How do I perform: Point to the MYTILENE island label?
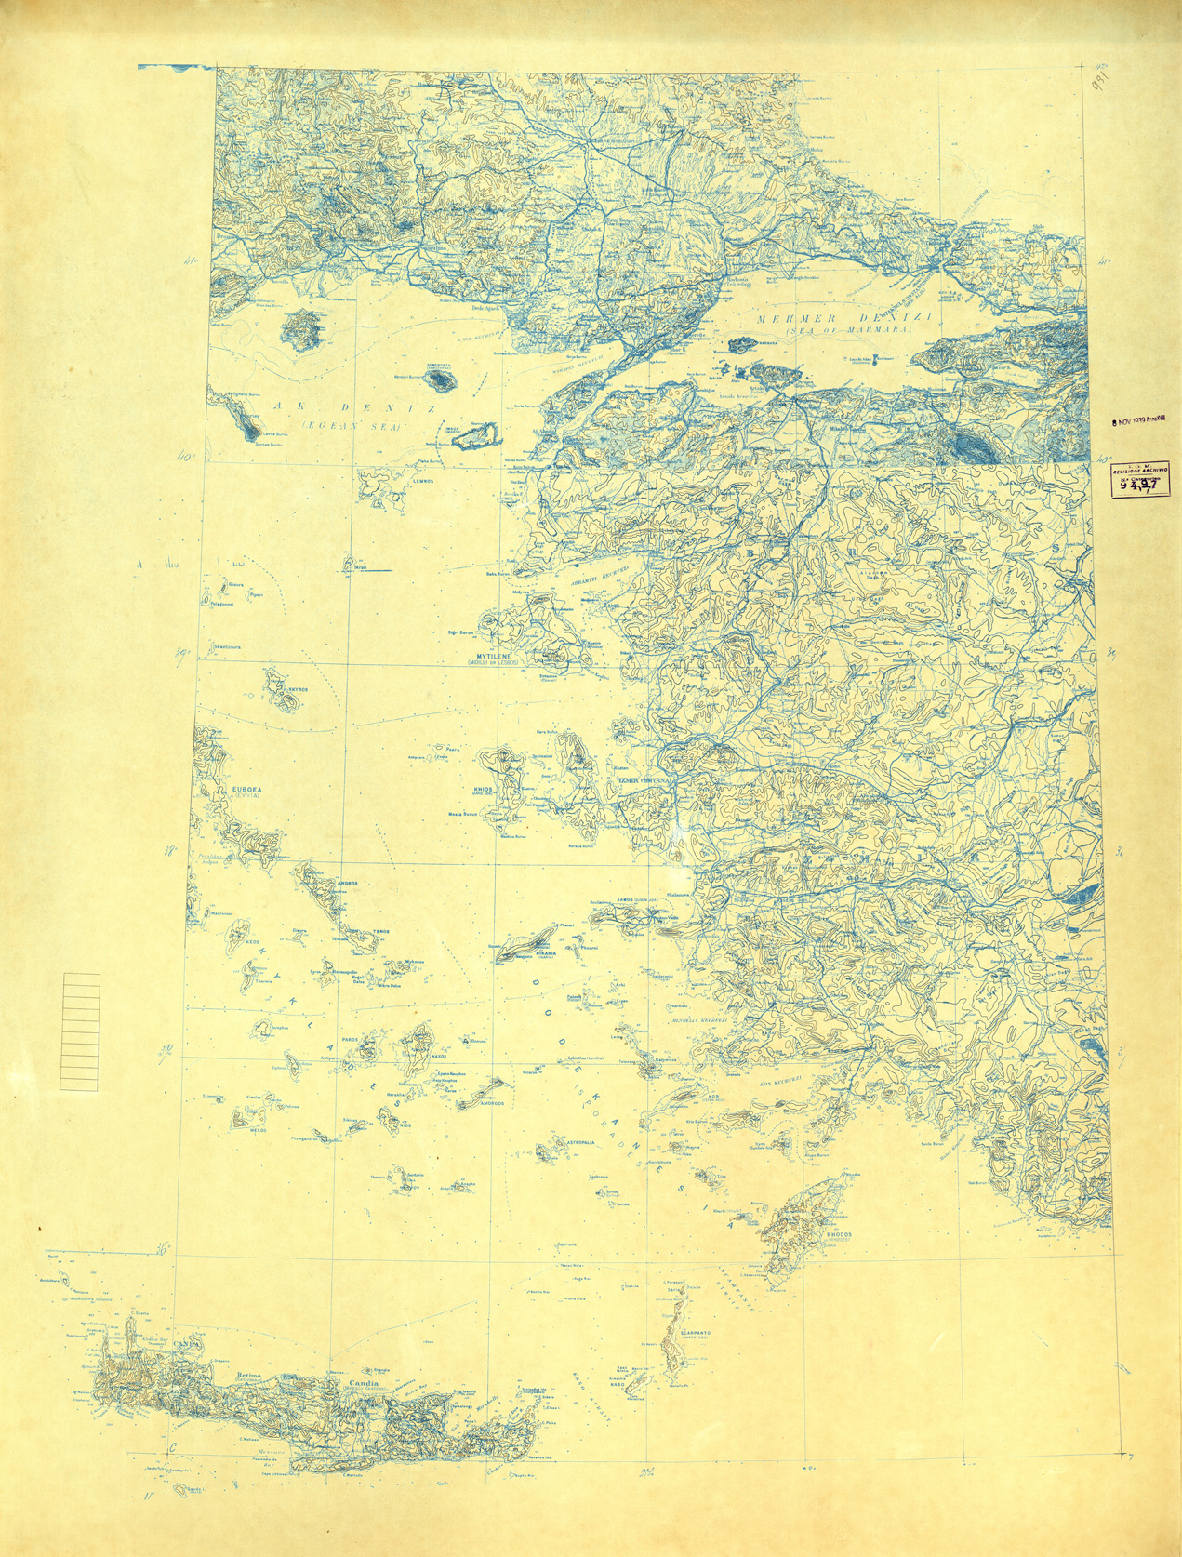[x=504, y=655]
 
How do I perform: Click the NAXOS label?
[x=439, y=1056]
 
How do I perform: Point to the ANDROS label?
[x=347, y=883]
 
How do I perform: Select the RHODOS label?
[x=838, y=1234]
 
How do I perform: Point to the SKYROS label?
[x=297, y=689]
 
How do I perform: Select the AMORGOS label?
[x=491, y=1104]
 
